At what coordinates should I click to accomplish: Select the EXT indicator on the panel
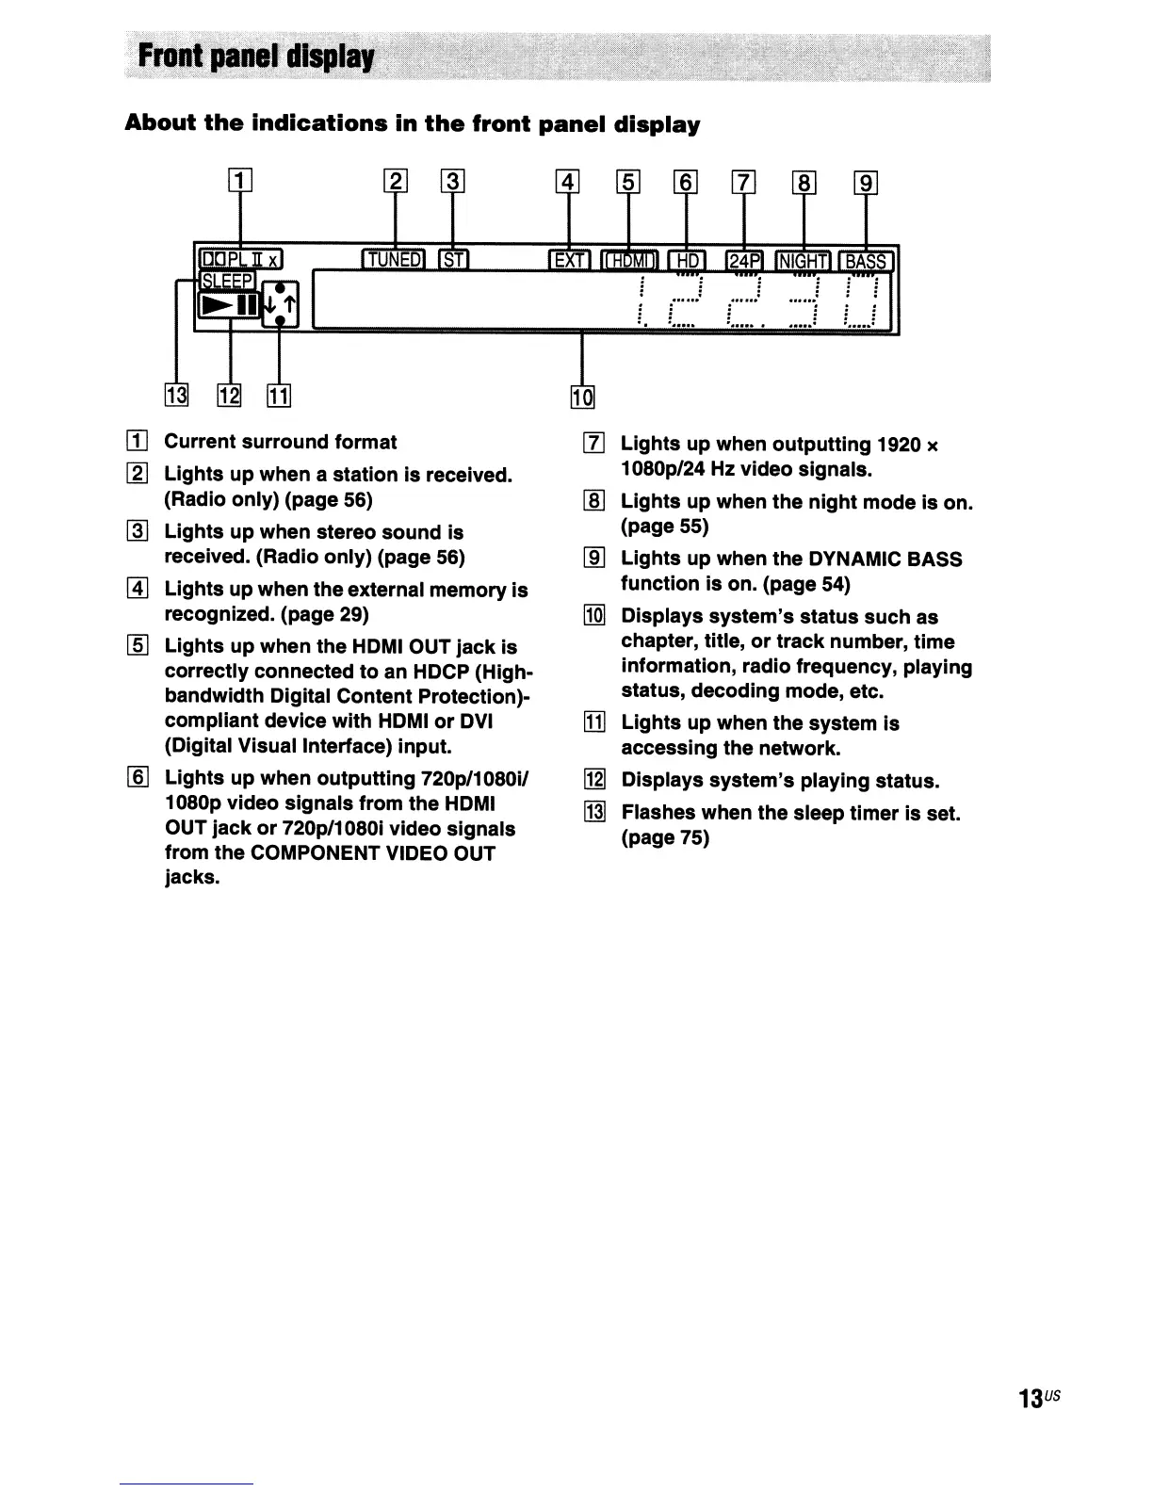click(x=570, y=260)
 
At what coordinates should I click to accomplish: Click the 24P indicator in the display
click(x=744, y=260)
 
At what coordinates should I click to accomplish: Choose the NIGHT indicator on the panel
click(x=803, y=260)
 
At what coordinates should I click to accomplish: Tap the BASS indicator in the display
click(x=867, y=260)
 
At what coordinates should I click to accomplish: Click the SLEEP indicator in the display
click(x=227, y=281)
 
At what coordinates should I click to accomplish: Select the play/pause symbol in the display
click(x=228, y=305)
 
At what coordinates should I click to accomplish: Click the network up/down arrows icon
click(x=280, y=304)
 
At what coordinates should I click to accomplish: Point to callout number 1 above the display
click(x=240, y=179)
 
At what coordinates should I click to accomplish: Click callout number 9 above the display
click(x=865, y=181)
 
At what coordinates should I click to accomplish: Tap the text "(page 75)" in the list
click(x=664, y=837)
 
